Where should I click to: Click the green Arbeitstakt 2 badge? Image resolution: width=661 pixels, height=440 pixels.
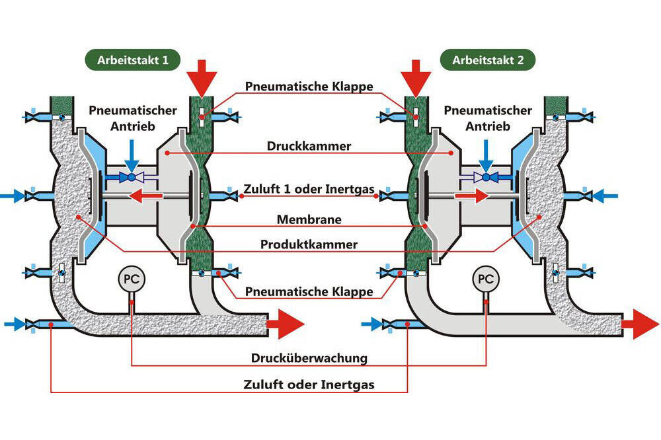pyautogui.click(x=488, y=60)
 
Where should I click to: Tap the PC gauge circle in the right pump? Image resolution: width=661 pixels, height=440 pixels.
pyautogui.click(x=486, y=278)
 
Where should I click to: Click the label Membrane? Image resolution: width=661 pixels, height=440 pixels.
pyautogui.click(x=309, y=219)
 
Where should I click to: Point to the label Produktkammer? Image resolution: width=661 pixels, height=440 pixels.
pyautogui.click(x=309, y=244)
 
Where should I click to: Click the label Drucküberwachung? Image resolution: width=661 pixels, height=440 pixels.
pyautogui.click(x=309, y=358)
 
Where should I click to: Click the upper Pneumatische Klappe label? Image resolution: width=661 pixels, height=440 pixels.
pyautogui.click(x=309, y=87)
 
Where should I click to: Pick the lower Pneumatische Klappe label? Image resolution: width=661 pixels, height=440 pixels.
pyautogui.click(x=309, y=291)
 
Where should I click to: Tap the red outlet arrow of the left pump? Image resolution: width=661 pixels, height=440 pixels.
pyautogui.click(x=285, y=324)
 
